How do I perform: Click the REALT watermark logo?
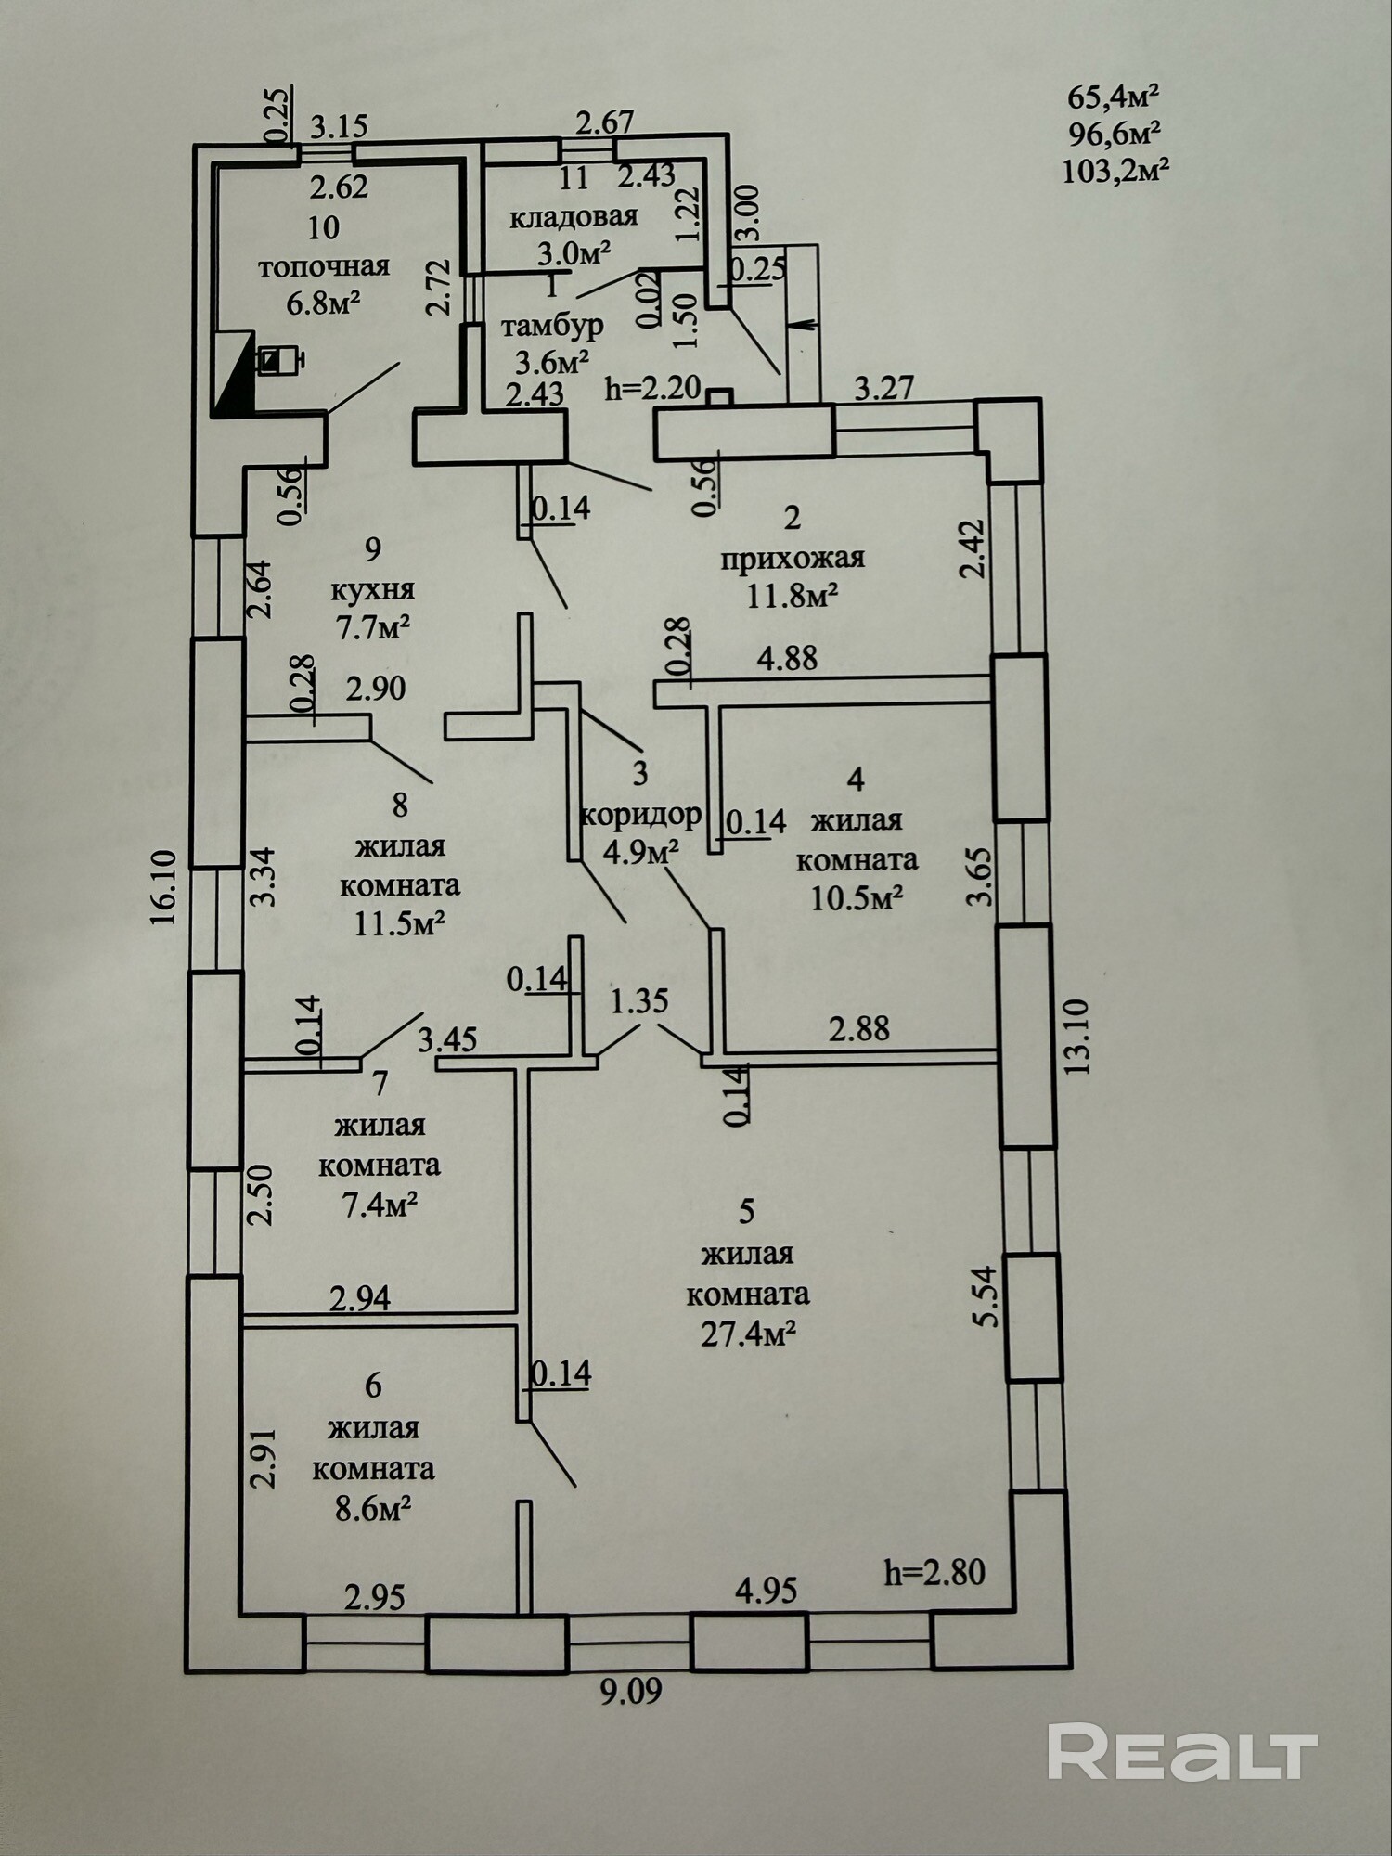point(1183,1751)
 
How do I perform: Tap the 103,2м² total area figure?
point(1115,171)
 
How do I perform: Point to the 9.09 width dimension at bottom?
point(631,1692)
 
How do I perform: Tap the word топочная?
point(323,267)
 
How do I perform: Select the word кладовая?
point(574,217)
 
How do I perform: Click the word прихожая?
point(793,558)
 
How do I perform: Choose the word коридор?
point(640,815)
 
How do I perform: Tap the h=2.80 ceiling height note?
point(934,1572)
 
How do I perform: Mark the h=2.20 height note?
point(652,388)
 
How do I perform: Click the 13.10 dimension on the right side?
point(1076,1036)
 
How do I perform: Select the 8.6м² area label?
point(373,1509)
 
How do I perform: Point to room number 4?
point(857,779)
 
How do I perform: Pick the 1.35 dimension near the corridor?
point(639,1002)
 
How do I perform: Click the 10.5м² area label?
point(857,898)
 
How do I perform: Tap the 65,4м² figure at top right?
point(1115,96)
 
